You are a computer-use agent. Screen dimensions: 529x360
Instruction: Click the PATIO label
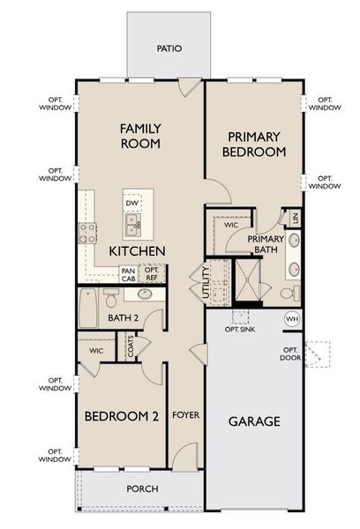pyautogui.click(x=169, y=48)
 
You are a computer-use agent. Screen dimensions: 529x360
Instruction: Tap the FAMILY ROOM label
pyautogui.click(x=140, y=136)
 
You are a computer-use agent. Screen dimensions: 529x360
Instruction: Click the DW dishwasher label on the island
pyautogui.click(x=132, y=204)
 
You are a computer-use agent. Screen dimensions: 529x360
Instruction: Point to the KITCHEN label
pyautogui.click(x=137, y=251)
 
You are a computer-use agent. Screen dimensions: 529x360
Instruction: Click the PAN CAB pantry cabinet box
pyautogui.click(x=129, y=274)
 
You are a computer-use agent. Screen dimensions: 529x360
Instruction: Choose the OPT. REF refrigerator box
pyautogui.click(x=152, y=274)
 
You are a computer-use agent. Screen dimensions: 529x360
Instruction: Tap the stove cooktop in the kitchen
pyautogui.click(x=88, y=233)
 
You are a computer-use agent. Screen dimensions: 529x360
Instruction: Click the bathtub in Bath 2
pyautogui.click(x=88, y=309)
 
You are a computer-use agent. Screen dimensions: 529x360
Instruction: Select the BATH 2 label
pyautogui.click(x=124, y=317)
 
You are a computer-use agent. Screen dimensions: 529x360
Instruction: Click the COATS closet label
pyautogui.click(x=130, y=349)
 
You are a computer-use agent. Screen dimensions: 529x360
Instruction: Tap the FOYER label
pyautogui.click(x=184, y=415)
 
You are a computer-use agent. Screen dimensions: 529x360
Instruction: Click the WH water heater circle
pyautogui.click(x=292, y=319)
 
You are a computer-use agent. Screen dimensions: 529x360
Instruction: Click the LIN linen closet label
pyautogui.click(x=296, y=217)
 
